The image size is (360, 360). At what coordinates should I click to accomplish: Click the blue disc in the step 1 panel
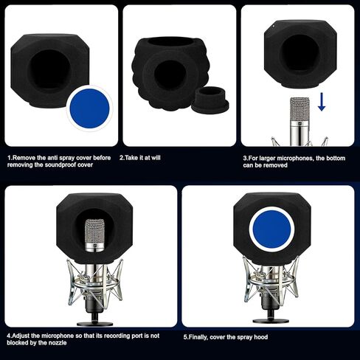pos(89,108)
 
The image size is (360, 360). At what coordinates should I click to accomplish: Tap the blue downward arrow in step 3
pos(322,102)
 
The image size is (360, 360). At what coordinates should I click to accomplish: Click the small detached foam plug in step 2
pos(210,100)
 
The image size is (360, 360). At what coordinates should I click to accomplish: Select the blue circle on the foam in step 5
pos(271,229)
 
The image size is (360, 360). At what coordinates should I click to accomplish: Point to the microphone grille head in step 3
pos(300,109)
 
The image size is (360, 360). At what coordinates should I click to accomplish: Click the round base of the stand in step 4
pos(94,324)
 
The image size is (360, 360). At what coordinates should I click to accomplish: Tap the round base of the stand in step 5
pos(271,320)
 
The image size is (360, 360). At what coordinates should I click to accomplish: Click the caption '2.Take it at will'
pos(140,158)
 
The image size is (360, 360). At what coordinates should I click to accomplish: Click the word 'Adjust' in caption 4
pos(21,336)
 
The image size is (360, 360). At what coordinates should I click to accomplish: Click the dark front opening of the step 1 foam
pos(49,69)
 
